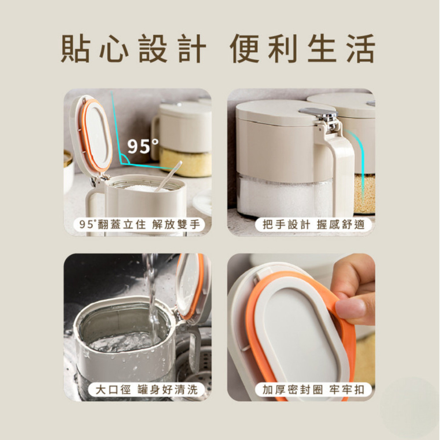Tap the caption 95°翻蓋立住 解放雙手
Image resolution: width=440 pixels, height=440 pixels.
tap(139, 225)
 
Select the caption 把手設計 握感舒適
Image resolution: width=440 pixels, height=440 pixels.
tap(313, 225)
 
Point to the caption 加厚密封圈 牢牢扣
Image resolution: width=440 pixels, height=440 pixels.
tap(313, 389)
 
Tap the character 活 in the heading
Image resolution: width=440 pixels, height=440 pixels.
tap(360, 49)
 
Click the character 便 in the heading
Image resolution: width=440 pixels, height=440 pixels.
tap(245, 49)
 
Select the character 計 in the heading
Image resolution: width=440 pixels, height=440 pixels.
tap(192, 49)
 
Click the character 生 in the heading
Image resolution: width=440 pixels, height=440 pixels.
tap(321, 49)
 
